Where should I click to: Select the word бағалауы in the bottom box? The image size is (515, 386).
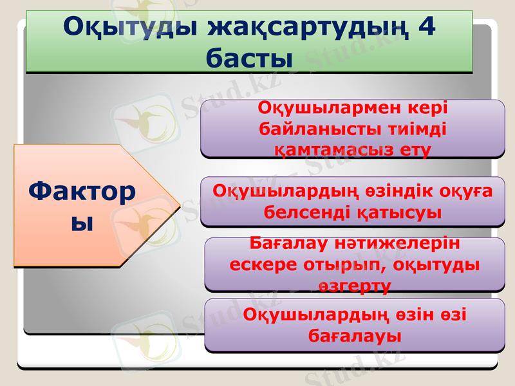pos(354,335)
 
